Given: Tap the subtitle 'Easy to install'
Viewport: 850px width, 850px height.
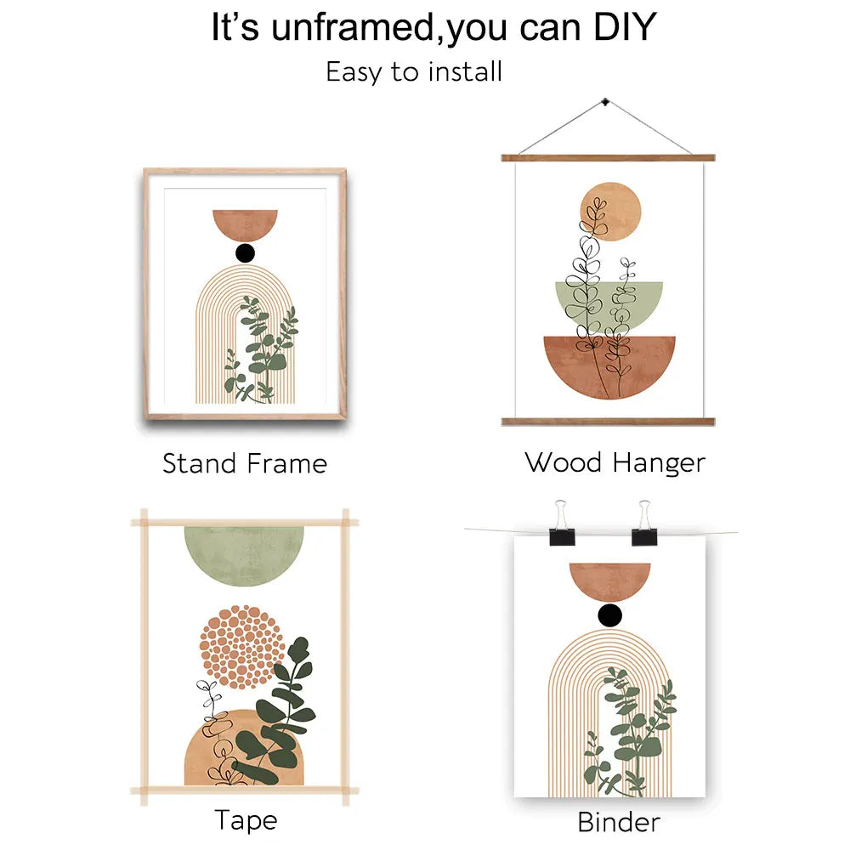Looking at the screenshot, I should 414,71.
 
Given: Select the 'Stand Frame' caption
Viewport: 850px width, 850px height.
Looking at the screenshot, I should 245,463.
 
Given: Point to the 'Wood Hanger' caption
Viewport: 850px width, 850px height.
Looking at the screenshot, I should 615,462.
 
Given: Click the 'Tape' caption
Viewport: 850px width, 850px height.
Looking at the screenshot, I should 245,820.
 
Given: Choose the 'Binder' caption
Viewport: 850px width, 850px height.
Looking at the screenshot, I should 618,822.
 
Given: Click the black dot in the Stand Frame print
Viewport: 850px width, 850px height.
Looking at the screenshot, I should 245,252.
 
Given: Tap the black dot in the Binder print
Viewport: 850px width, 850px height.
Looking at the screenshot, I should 609,615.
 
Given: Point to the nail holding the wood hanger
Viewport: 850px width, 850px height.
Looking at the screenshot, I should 605,103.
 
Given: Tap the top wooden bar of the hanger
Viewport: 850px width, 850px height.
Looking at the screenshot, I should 607,158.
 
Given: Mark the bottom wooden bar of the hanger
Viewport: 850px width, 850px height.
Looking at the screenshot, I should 607,422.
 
